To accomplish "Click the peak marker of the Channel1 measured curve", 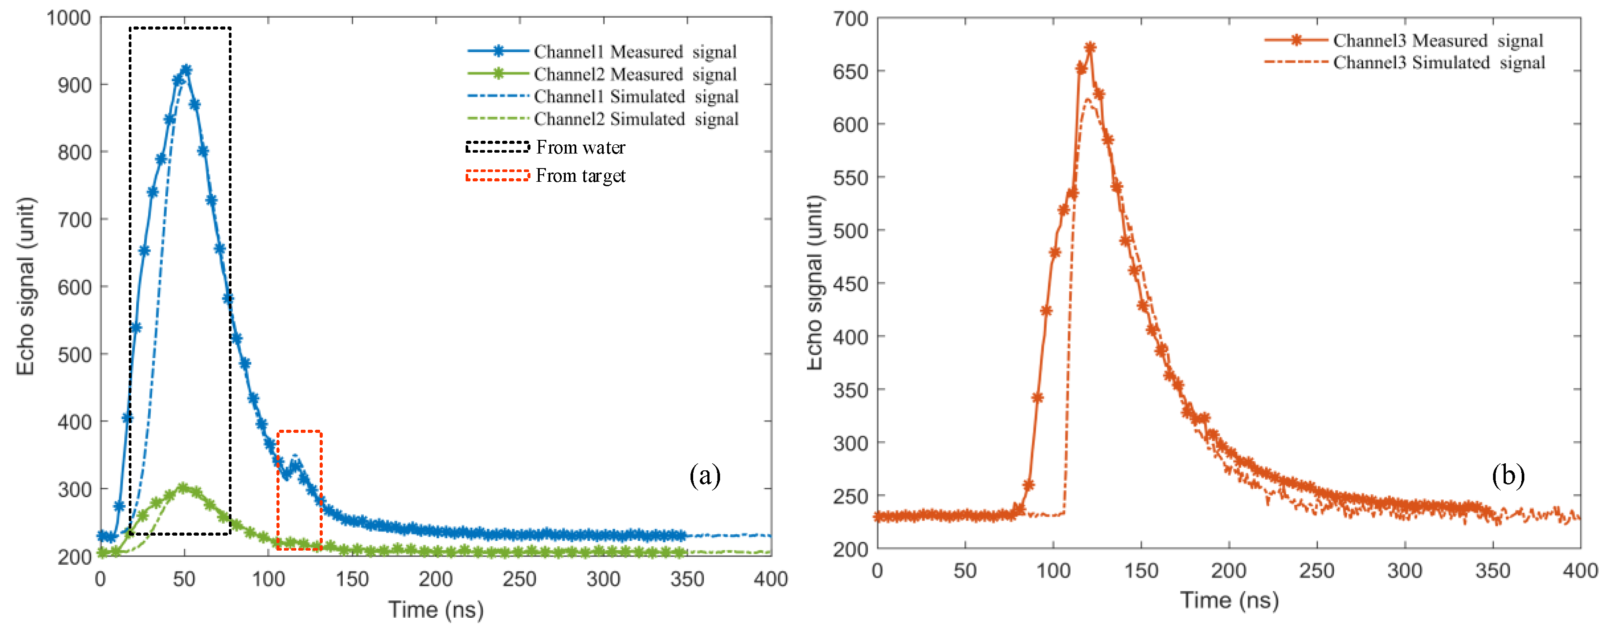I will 186,70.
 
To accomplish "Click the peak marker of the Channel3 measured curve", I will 1090,48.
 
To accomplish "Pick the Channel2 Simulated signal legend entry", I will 636,119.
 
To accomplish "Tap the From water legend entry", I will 580,147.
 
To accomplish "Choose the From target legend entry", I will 580,176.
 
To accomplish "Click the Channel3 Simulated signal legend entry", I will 1438,63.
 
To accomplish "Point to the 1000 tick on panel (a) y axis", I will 69,18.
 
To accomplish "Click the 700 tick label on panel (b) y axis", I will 850,19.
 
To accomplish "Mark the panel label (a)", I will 705,476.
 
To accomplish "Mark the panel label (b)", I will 1508,476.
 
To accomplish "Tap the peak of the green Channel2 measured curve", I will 183,488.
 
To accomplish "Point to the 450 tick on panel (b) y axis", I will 850,284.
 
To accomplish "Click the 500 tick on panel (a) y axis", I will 75,355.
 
